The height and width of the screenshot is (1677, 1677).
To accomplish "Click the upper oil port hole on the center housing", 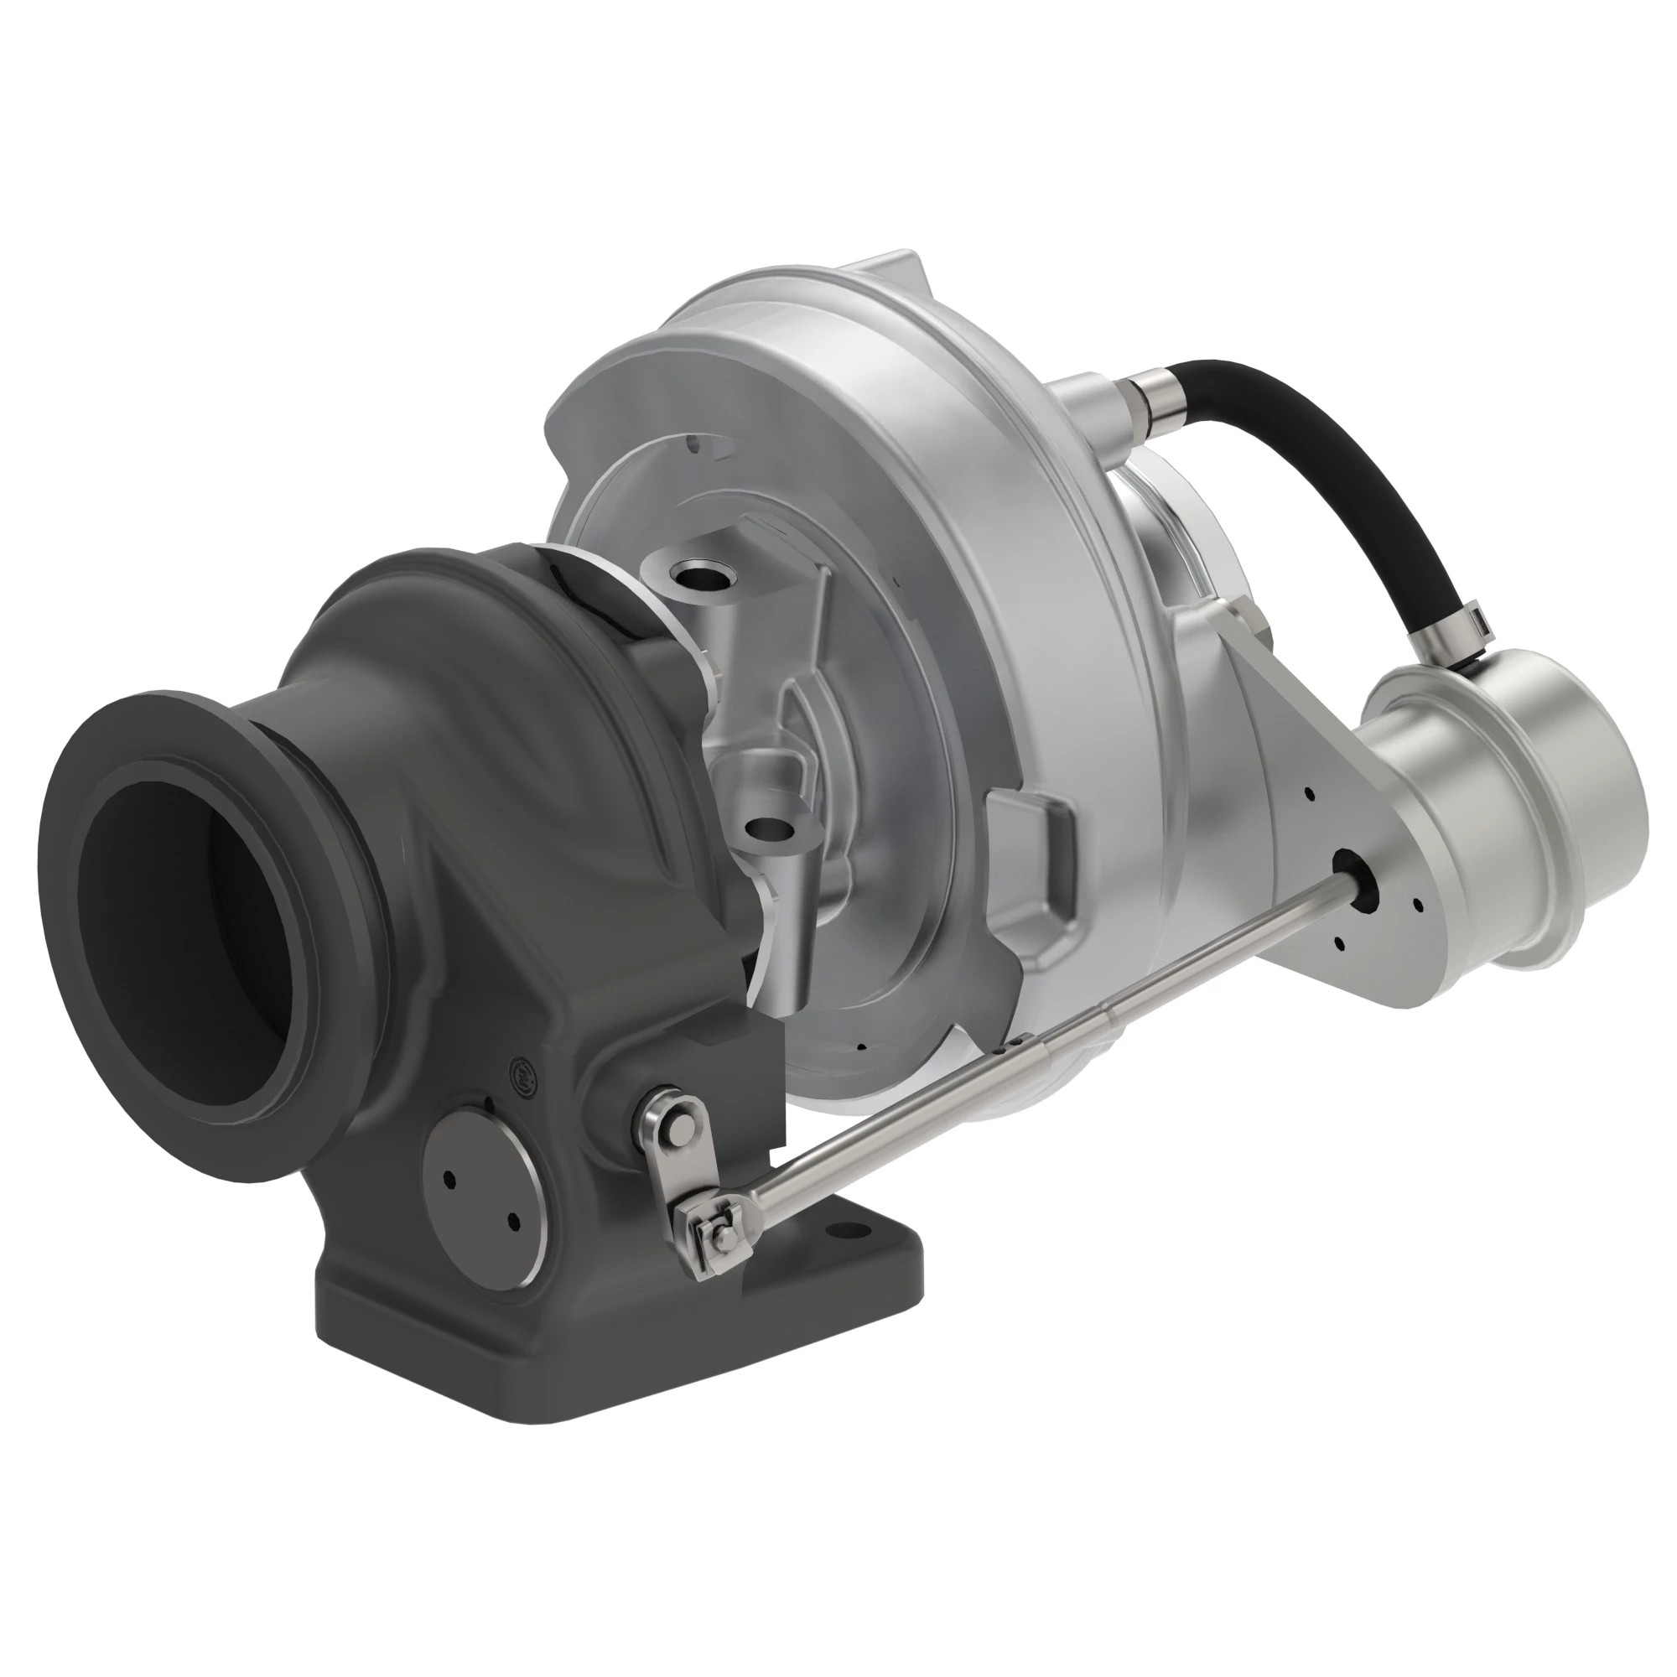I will point(701,574).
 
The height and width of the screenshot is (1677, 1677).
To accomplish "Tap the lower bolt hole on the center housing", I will point(769,829).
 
